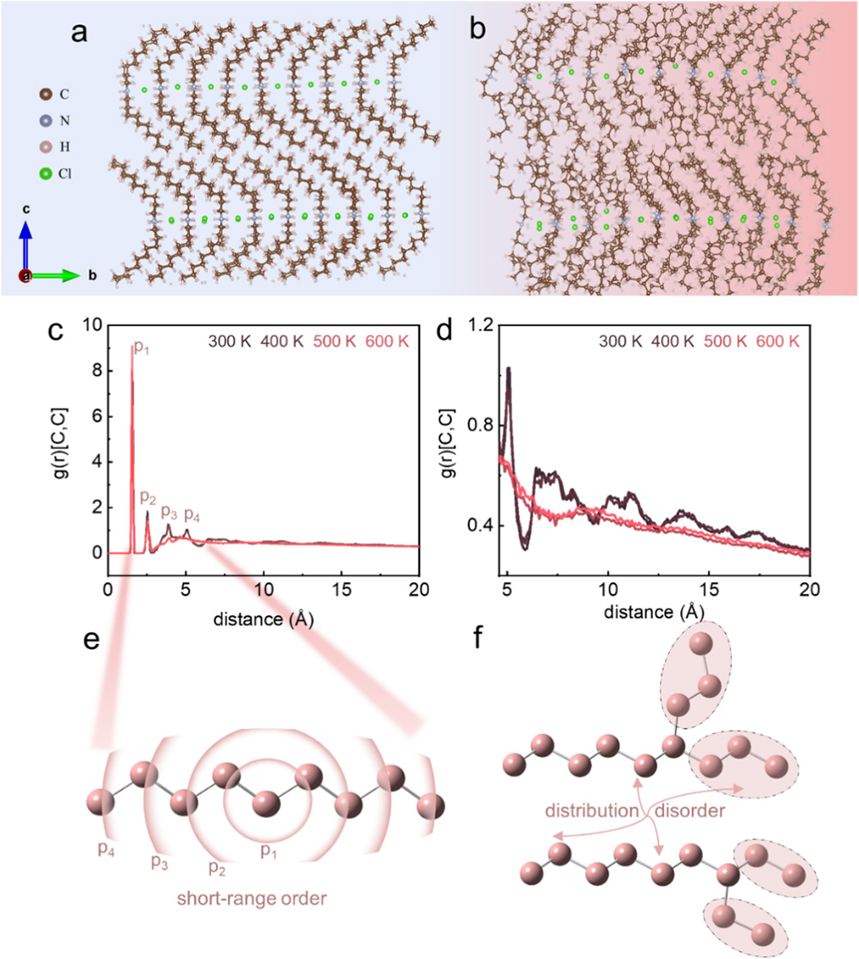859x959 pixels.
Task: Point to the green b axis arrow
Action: pos(57,276)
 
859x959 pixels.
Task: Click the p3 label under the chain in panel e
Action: pos(161,860)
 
